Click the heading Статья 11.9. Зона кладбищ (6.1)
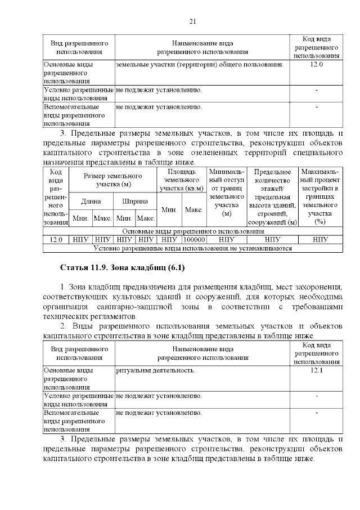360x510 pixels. click(122, 266)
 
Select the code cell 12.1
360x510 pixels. click(317, 371)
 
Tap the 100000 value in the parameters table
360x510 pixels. click(193, 239)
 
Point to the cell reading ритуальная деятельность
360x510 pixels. click(156, 371)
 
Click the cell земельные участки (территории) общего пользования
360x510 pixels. click(199, 65)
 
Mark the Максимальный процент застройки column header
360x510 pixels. click(320, 196)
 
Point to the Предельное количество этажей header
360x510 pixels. click(272, 196)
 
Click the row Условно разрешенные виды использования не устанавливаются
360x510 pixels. click(192, 248)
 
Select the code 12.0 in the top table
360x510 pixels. click(317, 65)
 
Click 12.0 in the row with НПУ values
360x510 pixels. click(56, 239)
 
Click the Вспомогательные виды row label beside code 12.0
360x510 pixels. click(71, 114)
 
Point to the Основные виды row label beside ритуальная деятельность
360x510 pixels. click(71, 379)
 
